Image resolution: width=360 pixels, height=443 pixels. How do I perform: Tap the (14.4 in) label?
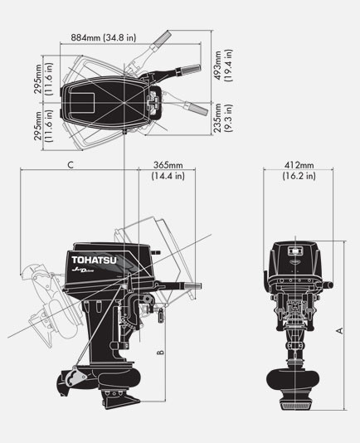tap(168, 176)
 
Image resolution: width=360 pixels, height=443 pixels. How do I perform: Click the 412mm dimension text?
tap(299, 164)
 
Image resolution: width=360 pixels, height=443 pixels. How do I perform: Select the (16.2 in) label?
tap(299, 176)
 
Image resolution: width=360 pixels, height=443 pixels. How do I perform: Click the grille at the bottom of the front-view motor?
tap(297, 406)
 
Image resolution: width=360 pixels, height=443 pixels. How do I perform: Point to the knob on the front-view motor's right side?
tap(329, 286)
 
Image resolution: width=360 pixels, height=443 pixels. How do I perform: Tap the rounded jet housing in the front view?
tap(297, 379)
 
